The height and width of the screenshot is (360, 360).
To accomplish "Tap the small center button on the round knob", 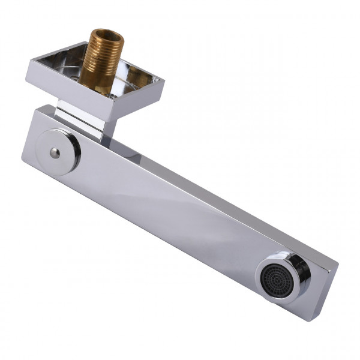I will click(55, 153).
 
